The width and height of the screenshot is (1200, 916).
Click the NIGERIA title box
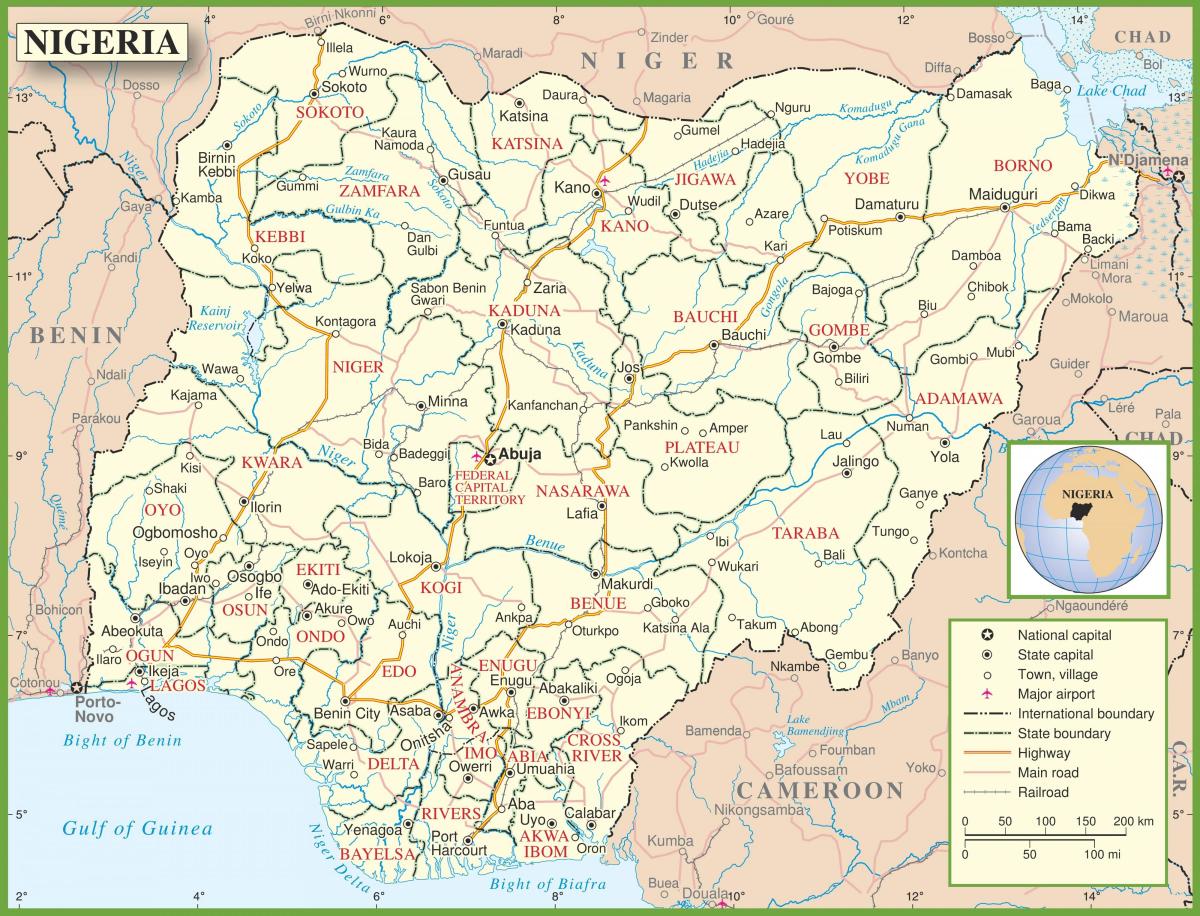(101, 42)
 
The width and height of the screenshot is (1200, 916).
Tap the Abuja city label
(520, 453)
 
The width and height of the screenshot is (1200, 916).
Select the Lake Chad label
(1111, 91)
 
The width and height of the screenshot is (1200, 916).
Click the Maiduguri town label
(1003, 193)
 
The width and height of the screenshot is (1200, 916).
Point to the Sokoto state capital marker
(313, 93)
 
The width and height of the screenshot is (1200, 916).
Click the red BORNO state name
(1022, 165)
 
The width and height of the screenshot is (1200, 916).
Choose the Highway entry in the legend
(1043, 753)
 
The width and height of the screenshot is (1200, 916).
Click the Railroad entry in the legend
(1043, 792)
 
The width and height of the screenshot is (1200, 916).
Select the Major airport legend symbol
(986, 694)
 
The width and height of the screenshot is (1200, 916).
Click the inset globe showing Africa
(1088, 520)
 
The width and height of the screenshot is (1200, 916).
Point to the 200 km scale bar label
(1133, 821)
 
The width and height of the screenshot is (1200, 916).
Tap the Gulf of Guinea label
(137, 828)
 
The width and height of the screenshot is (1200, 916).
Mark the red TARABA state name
(805, 532)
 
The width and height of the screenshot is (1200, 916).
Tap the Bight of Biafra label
(548, 884)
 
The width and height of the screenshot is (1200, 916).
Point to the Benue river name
(545, 542)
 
